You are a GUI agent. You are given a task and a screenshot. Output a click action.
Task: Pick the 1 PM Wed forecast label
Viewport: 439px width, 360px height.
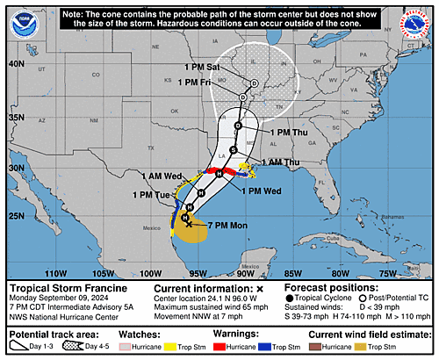(261, 191)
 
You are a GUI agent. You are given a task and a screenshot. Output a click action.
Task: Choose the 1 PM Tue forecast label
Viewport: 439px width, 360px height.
(150, 195)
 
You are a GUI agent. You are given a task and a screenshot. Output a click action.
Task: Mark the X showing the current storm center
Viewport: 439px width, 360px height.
(188, 224)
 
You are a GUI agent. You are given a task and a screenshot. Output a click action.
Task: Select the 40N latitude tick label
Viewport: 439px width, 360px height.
(15, 64)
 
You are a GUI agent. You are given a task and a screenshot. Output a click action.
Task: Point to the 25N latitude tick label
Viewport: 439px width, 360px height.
(15, 216)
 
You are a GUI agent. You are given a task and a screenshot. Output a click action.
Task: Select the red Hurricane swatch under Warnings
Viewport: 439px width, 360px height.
(235, 349)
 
